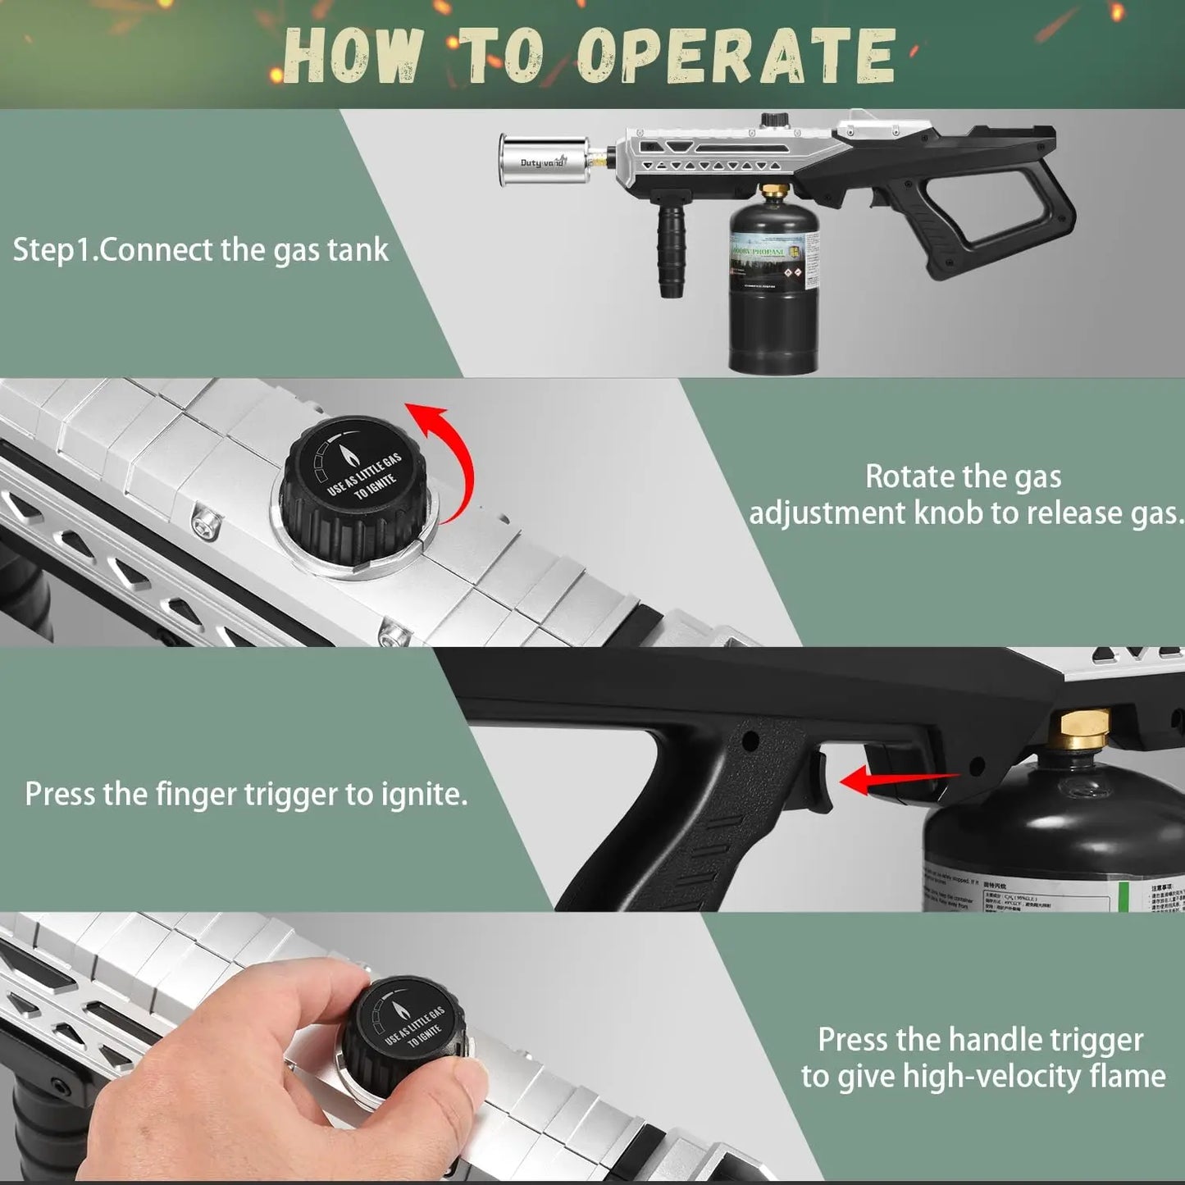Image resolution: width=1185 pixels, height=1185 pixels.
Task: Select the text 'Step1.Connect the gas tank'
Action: [x=200, y=249]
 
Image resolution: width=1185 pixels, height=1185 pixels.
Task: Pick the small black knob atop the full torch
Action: [x=771, y=120]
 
